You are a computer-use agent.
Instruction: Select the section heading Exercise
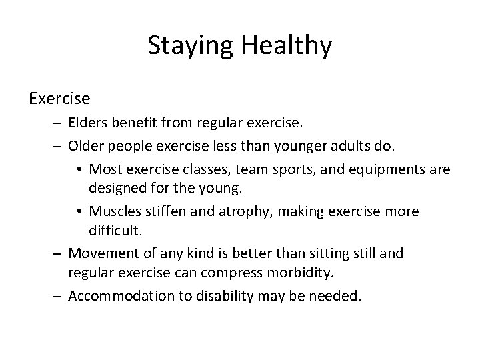(x=59, y=99)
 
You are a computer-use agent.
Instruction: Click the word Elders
(x=89, y=123)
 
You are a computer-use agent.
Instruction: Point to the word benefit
(x=138, y=123)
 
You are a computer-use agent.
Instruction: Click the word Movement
(x=99, y=253)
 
